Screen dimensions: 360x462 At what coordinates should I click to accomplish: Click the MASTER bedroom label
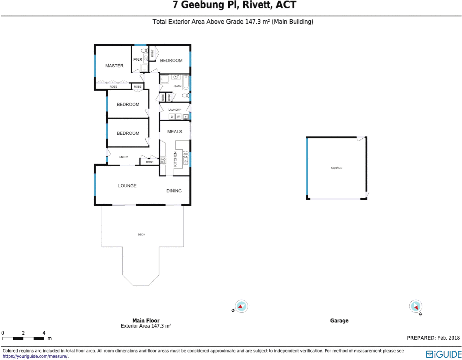pos(114,66)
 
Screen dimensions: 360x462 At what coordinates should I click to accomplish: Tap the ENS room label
pos(138,60)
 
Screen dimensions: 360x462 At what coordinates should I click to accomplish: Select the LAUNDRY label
pos(175,110)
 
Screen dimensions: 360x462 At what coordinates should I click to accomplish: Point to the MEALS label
pos(175,132)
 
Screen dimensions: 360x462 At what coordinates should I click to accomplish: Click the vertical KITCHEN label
pos(175,159)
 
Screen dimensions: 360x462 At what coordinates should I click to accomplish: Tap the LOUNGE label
pos(127,186)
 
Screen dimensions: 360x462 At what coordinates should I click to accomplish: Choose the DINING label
pos(174,191)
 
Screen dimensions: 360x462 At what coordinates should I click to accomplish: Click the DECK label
pos(142,235)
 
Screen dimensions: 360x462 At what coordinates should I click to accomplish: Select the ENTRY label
pos(124,157)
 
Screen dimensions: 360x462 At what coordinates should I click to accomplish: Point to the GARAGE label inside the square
pos(336,168)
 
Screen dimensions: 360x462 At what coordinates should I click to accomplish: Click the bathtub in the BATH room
pos(186,83)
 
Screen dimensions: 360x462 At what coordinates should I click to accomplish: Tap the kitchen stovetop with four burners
pos(163,161)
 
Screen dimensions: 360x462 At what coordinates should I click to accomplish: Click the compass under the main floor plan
pos(241,306)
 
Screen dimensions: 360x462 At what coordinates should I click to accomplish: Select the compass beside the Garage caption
pos(416,306)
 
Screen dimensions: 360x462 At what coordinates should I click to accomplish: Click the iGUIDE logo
pos(443,354)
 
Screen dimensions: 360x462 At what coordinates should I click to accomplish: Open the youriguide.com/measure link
pos(35,356)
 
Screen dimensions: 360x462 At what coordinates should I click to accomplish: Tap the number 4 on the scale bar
pos(44,333)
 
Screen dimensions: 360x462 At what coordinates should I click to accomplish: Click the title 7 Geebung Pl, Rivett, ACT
pos(234,5)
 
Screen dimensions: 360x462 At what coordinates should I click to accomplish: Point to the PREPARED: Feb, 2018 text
pos(433,338)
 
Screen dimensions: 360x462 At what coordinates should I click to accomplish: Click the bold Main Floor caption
pos(146,320)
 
